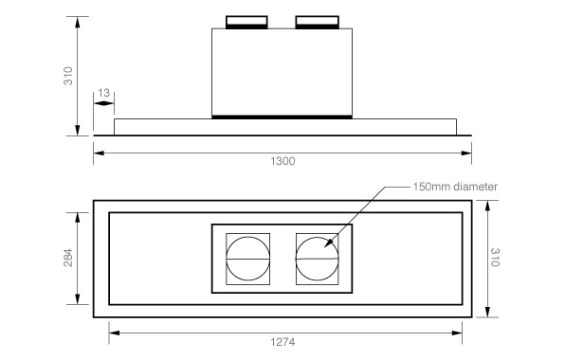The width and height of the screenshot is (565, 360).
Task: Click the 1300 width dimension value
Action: coord(282,160)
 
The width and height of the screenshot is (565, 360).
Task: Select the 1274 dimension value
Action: coord(285,342)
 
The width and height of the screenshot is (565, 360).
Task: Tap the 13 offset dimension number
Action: coord(103,93)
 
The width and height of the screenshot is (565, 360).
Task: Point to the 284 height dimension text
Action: coord(67,260)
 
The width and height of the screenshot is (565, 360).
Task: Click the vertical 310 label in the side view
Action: coord(67,76)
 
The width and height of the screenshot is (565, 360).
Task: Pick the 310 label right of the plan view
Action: coord(495,260)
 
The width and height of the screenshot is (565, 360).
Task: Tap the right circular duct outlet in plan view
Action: coord(316,258)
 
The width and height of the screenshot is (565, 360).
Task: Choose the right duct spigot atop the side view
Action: coord(317,21)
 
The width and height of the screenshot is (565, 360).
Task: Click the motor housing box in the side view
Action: coord(282,71)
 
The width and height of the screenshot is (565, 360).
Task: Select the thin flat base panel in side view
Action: coord(284,127)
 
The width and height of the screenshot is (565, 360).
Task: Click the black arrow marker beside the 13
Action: coord(99,103)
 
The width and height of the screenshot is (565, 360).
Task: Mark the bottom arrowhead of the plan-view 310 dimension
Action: coord(486,315)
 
